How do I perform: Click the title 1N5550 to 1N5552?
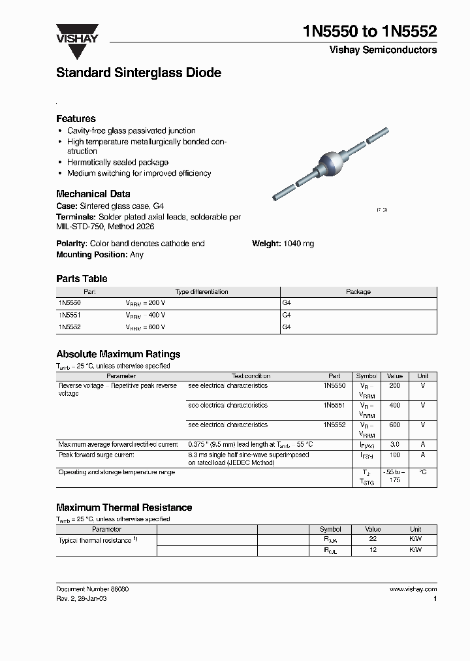371,31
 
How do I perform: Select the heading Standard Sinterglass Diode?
138,73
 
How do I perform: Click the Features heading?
76,118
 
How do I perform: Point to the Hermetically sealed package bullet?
117,162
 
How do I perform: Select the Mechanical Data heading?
93,194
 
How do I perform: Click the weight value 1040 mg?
298,244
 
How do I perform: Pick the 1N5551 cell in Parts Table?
69,315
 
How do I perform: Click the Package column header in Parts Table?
358,292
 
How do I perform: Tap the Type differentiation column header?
202,292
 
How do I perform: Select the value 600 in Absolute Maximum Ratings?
394,425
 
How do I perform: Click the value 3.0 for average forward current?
394,444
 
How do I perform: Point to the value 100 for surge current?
394,455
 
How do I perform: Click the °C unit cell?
423,472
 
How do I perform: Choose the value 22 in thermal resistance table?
373,539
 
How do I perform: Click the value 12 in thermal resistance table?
373,550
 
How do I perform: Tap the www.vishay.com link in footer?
413,588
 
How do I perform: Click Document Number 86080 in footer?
93,588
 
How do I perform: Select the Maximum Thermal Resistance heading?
124,507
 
